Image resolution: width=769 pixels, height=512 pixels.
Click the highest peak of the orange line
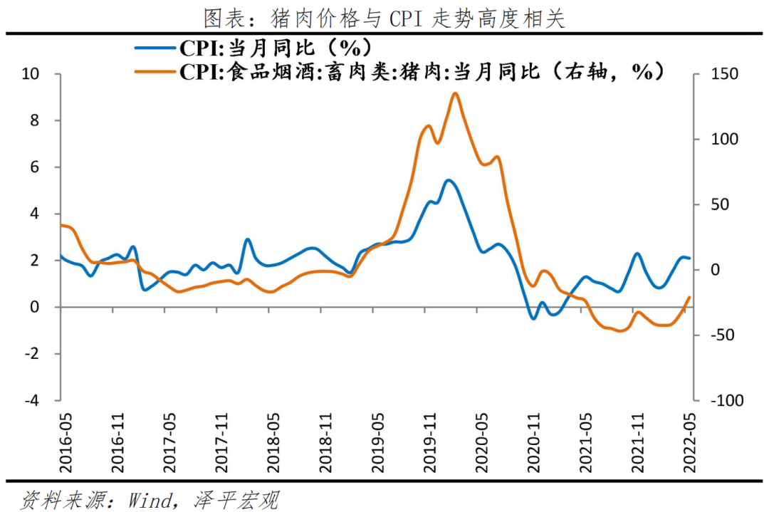pos(455,93)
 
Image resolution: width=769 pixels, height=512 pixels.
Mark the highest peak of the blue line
pos(448,180)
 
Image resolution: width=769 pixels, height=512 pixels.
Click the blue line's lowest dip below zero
pos(533,318)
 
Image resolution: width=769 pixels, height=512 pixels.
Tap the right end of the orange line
pos(689,297)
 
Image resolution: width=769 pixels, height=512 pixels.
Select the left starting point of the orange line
pos(61,225)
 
